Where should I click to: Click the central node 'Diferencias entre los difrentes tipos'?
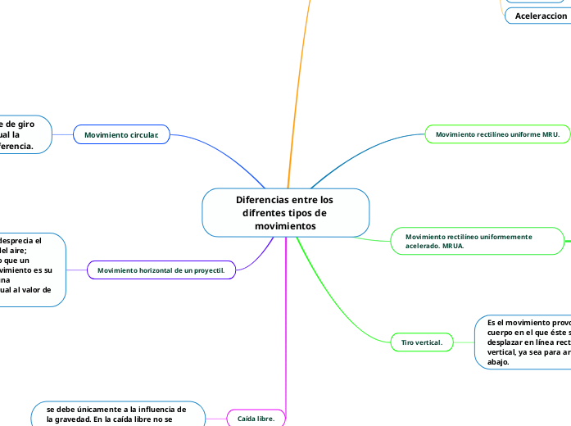point(285,212)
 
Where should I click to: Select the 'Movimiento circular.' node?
point(121,134)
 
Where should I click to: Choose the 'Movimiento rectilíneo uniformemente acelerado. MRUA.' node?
point(478,241)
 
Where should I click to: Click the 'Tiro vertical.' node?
point(421,341)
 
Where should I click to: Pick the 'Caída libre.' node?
point(256,418)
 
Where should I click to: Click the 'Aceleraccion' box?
point(541,16)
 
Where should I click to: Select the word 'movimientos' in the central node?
point(285,225)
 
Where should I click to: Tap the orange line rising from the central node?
point(298,82)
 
